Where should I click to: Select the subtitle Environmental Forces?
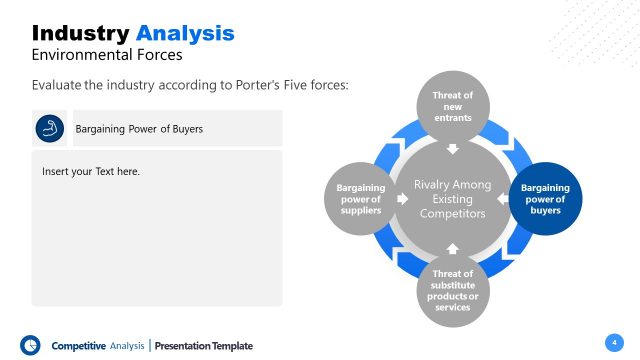(x=107, y=55)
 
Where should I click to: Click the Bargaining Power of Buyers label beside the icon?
(x=139, y=129)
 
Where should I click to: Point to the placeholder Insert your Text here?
(x=91, y=172)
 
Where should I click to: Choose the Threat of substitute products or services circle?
(x=451, y=289)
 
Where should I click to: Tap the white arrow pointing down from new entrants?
(x=451, y=150)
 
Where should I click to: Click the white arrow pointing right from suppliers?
(x=402, y=198)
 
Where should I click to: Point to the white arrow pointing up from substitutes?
(x=451, y=246)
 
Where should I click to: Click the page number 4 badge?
(x=613, y=342)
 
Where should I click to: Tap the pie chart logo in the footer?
(x=30, y=344)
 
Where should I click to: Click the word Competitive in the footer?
(x=78, y=346)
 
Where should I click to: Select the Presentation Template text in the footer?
(x=204, y=346)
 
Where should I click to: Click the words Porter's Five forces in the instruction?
(x=286, y=86)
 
